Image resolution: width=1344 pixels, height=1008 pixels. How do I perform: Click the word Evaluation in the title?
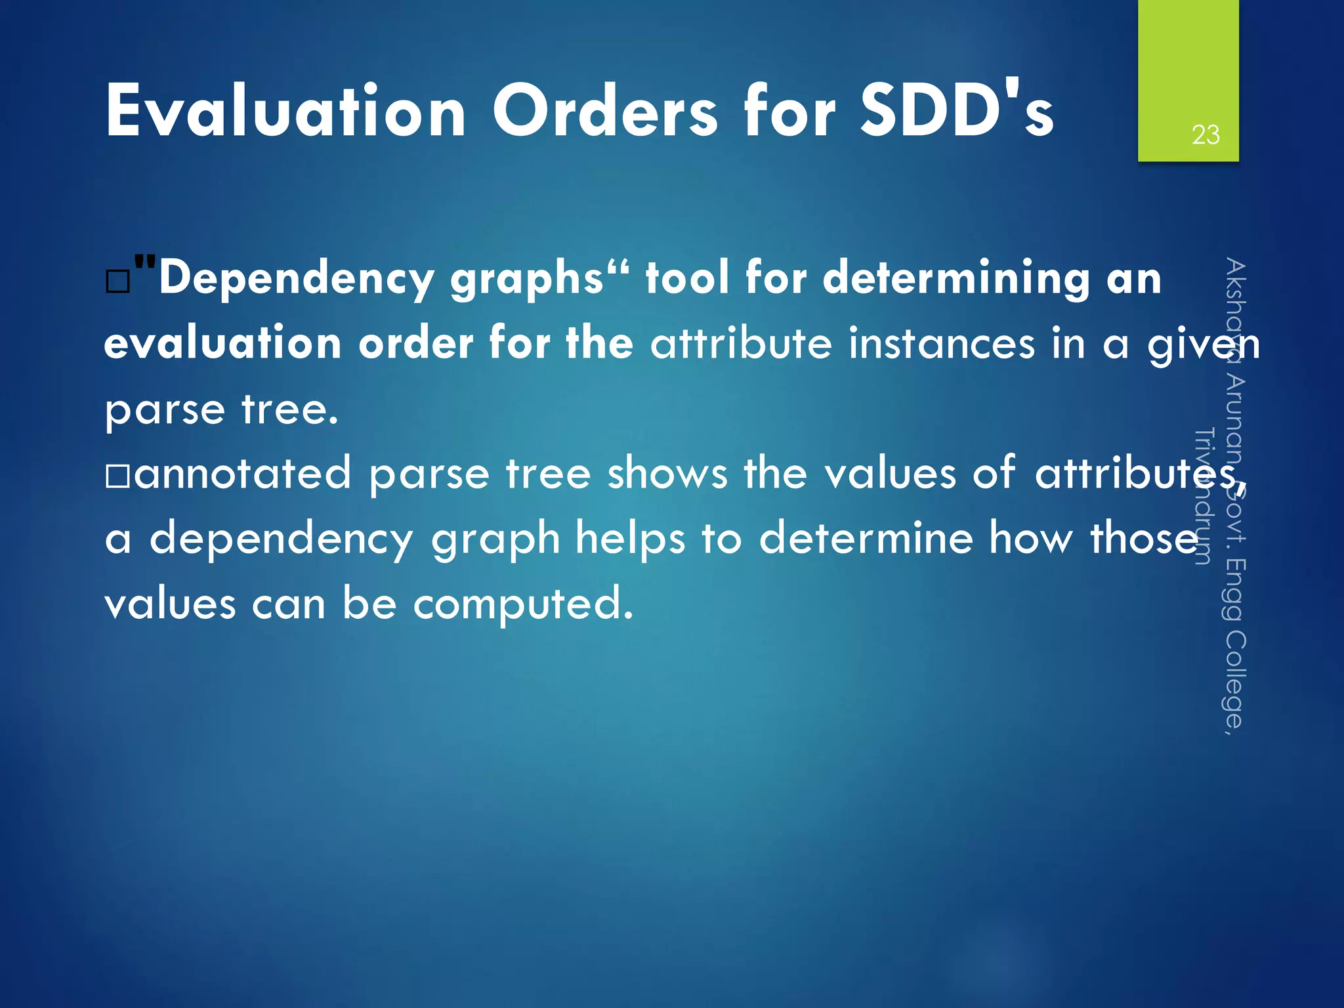point(285,112)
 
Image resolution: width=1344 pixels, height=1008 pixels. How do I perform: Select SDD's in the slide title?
point(956,112)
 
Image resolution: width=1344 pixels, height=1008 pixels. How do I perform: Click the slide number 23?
point(1205,135)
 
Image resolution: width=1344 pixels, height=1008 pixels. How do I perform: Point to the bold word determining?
point(955,278)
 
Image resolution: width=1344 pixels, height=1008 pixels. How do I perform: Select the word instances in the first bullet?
point(939,344)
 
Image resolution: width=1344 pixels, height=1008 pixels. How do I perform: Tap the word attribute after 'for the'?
point(741,344)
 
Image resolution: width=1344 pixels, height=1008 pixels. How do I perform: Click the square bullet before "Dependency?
point(117,282)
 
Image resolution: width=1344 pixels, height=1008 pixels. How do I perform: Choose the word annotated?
point(242,474)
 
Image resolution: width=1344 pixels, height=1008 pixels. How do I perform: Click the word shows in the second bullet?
point(667,474)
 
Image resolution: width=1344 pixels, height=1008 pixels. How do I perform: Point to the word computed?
point(523,604)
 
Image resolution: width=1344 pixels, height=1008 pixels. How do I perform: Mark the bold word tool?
point(687,278)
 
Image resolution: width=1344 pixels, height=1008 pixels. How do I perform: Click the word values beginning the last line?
point(170,604)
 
